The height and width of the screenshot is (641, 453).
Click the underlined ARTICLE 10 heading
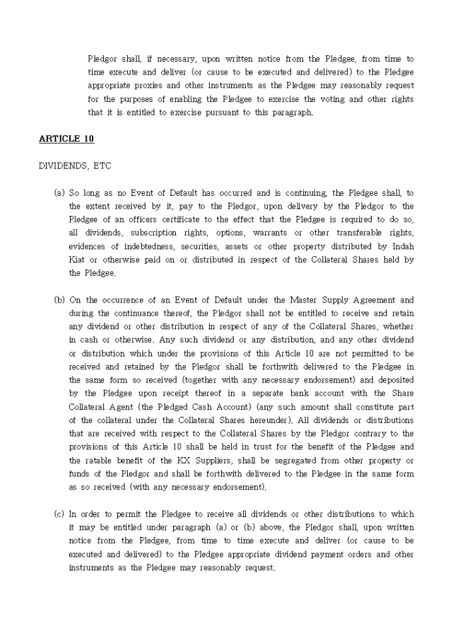click(x=67, y=139)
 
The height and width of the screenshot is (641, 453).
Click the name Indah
click(x=400, y=246)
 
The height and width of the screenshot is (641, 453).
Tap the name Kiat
click(x=78, y=259)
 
